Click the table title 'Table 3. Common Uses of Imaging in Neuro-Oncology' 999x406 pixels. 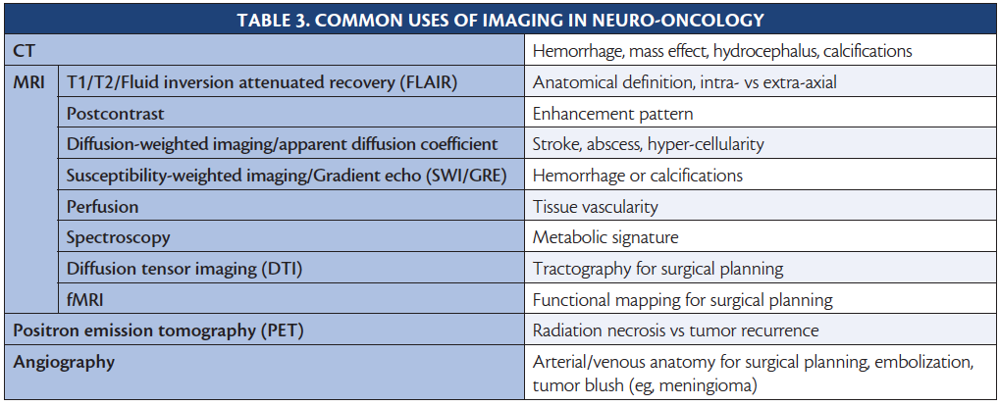tap(500, 20)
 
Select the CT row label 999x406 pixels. tap(24, 51)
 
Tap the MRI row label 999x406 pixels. tap(28, 82)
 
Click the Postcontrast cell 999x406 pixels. tap(116, 114)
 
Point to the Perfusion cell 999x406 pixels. tap(103, 207)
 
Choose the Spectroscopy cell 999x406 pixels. tap(119, 238)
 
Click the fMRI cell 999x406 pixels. tap(84, 300)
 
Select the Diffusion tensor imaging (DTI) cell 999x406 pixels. tap(184, 269)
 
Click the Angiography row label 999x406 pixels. tap(65, 363)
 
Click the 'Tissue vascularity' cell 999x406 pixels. tap(595, 207)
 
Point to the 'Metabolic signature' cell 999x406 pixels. tap(605, 238)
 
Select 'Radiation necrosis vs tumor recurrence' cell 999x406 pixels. tap(675, 330)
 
